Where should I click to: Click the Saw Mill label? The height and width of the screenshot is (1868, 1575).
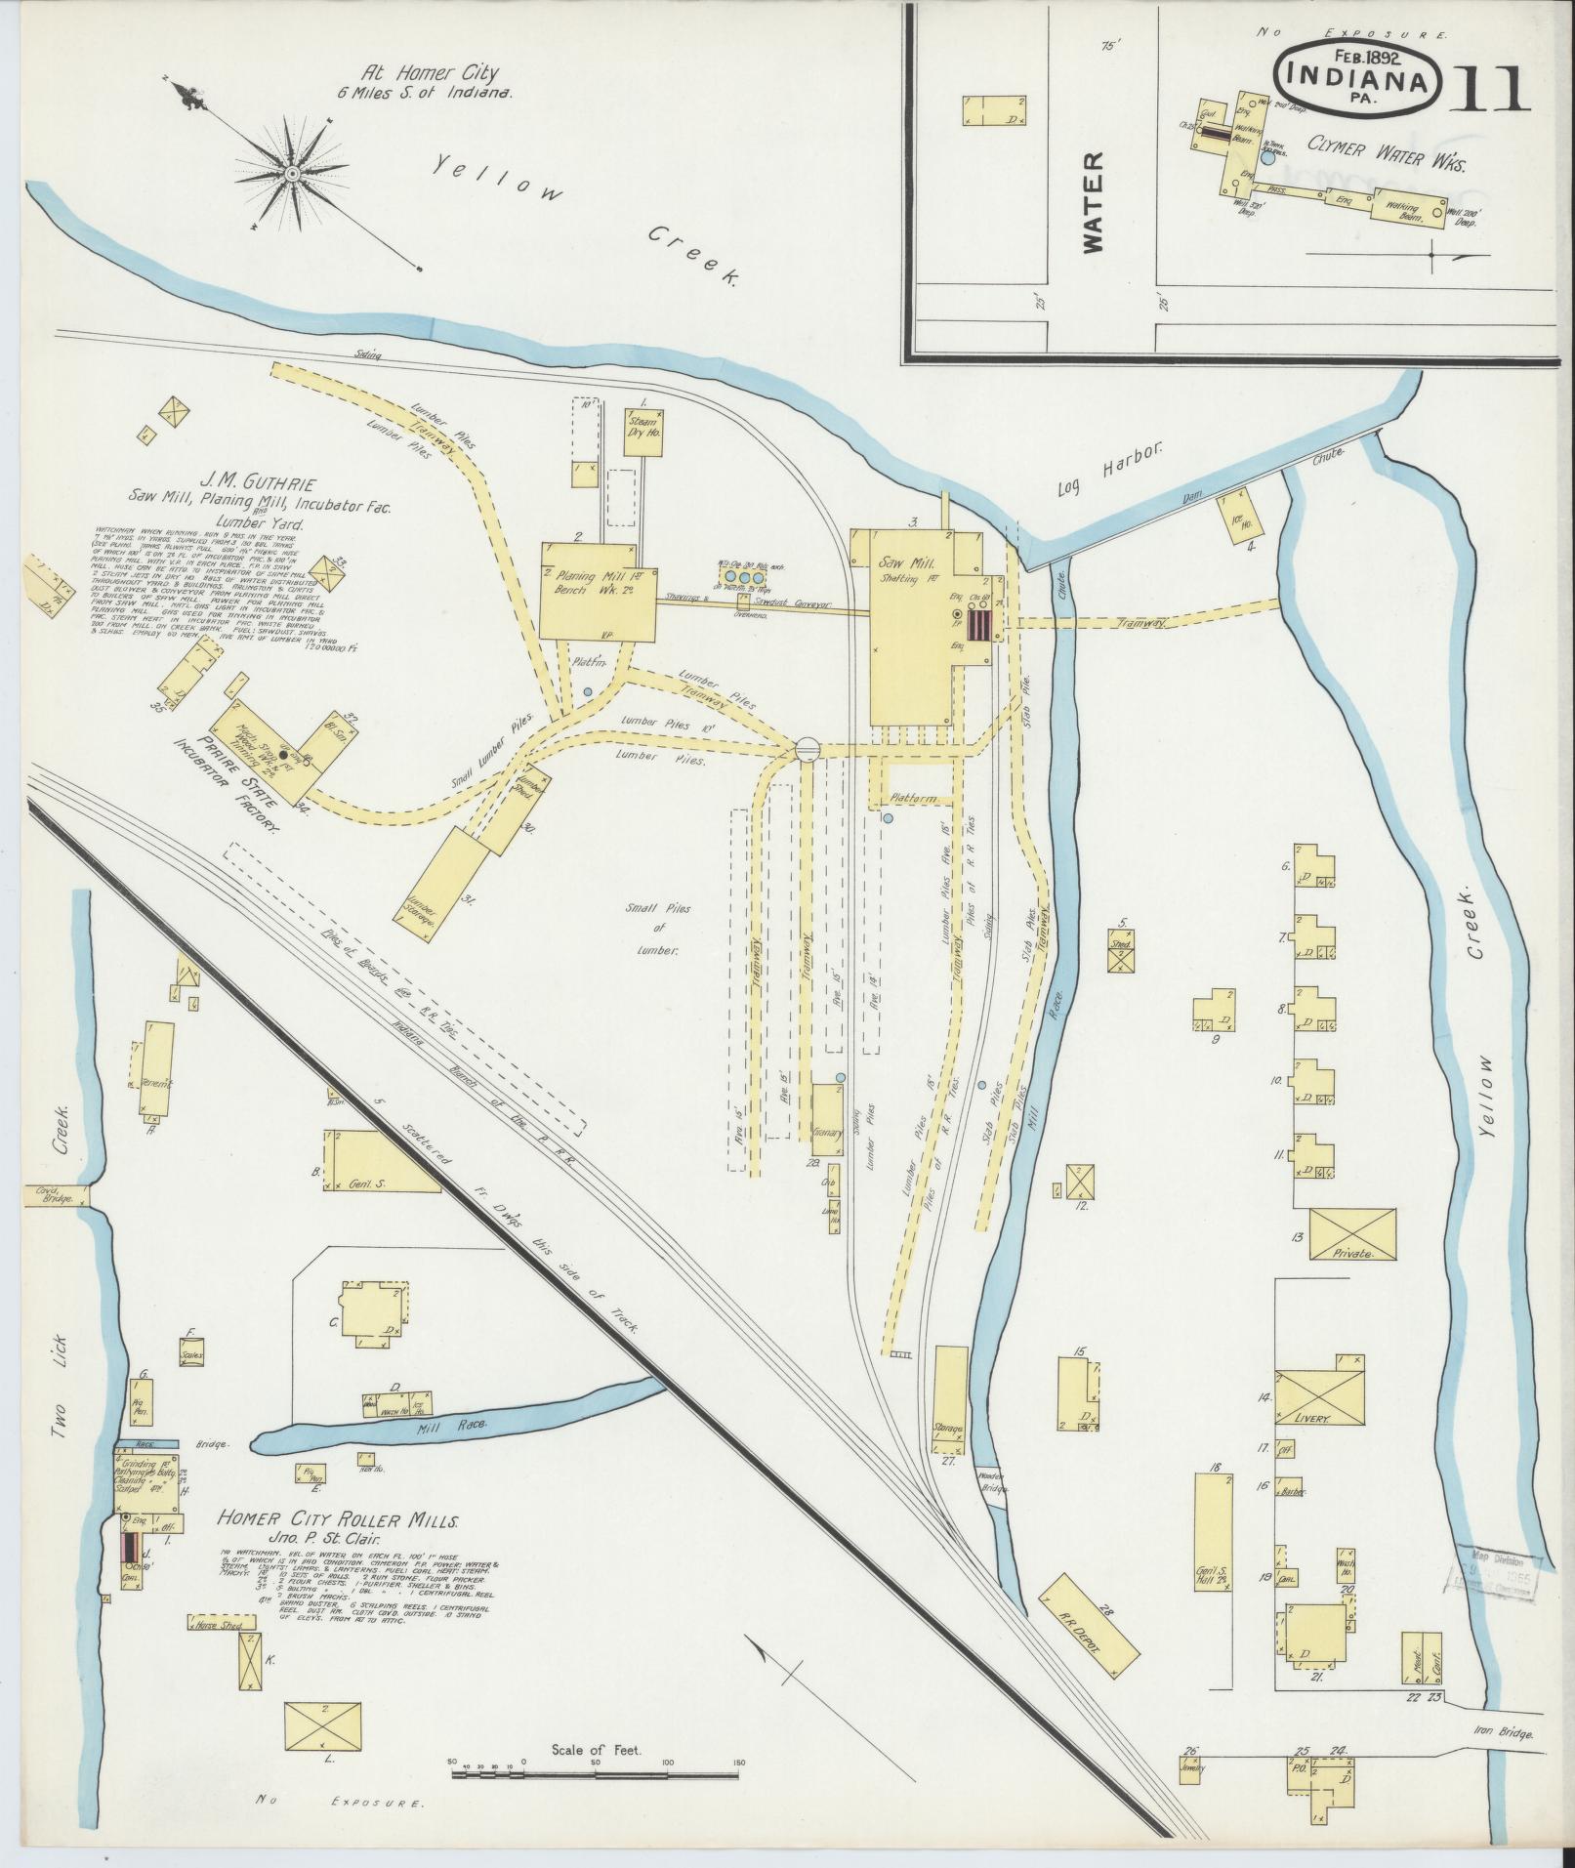tap(908, 564)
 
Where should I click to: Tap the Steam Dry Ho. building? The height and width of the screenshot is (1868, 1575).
tap(643, 434)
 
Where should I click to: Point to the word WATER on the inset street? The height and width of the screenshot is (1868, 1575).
tap(1092, 202)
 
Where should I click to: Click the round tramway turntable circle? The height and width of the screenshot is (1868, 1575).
tap(808, 749)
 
